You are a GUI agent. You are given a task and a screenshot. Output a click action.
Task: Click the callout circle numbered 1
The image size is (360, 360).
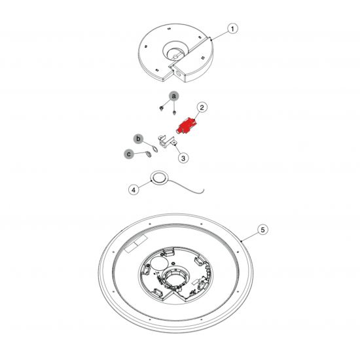coord(232,29)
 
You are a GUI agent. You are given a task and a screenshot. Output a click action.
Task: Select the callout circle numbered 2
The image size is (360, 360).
coord(202,107)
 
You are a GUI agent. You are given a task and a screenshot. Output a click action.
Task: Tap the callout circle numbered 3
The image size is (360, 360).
coord(183,158)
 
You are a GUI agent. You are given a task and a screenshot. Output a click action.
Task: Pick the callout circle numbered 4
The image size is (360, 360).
coord(134,190)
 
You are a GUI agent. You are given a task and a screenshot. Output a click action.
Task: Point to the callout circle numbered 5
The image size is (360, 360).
coord(262,230)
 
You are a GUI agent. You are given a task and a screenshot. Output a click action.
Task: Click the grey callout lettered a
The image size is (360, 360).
coord(174,96)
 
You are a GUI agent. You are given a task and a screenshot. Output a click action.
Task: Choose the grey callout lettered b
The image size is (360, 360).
coord(138,139)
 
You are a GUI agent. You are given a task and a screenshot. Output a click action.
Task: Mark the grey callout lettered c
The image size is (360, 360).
coord(129,154)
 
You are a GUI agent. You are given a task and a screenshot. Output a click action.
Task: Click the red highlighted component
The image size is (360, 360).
coord(185,126)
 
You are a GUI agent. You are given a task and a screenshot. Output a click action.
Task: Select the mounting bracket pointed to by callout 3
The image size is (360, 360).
coord(166,142)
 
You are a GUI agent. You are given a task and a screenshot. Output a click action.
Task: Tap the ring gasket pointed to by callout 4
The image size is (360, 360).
coord(159,177)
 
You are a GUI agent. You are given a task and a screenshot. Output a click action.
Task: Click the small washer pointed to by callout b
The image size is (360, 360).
coord(155,149)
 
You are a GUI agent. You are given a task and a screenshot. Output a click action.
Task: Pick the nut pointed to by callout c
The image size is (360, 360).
coord(149,155)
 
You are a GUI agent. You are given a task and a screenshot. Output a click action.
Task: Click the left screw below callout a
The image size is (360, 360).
coord(162,108)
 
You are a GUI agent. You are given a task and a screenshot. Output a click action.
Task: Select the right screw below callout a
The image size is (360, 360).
coord(174,113)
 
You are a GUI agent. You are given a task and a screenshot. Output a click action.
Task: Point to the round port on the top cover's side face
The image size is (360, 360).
coord(178,73)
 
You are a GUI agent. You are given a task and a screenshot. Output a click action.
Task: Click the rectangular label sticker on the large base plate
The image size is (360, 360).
coord(135,244)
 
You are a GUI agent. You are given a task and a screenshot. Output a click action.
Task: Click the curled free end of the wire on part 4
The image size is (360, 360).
coord(202,191)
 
